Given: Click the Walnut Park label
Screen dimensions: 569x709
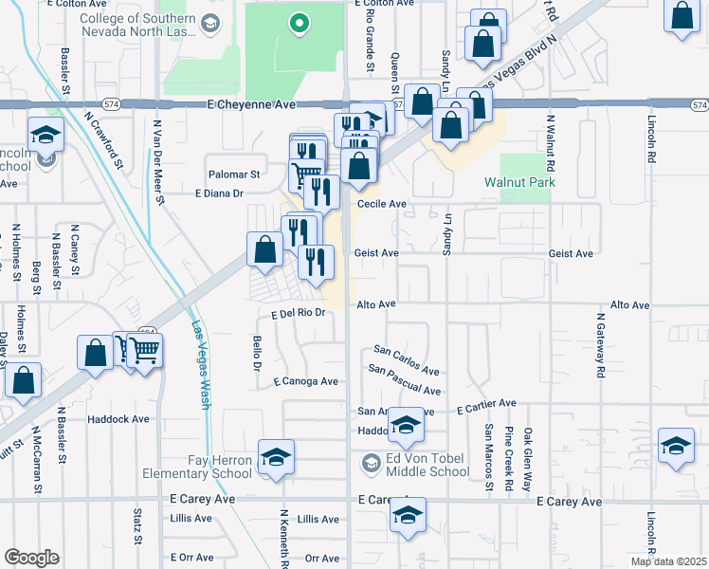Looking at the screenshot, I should [518, 182].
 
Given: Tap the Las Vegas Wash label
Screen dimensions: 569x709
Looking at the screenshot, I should [200, 366].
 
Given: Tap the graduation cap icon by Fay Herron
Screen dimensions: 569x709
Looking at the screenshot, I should [275, 458].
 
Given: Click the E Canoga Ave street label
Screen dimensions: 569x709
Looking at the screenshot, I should [305, 382].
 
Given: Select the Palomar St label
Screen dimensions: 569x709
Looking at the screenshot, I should [235, 174].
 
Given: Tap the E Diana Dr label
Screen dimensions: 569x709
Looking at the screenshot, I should [219, 193].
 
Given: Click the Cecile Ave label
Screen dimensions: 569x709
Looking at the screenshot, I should [382, 204].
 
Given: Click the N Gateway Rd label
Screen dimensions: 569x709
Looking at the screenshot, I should [600, 345].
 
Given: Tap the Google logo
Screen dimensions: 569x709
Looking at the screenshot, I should [31, 558].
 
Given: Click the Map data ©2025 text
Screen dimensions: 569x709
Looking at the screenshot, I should [667, 561].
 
